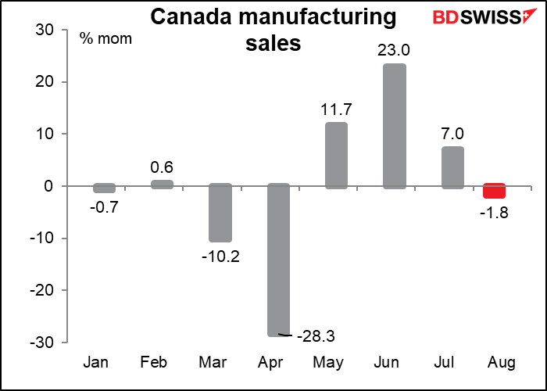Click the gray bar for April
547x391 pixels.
coord(279,261)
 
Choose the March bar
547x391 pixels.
coord(221,213)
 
